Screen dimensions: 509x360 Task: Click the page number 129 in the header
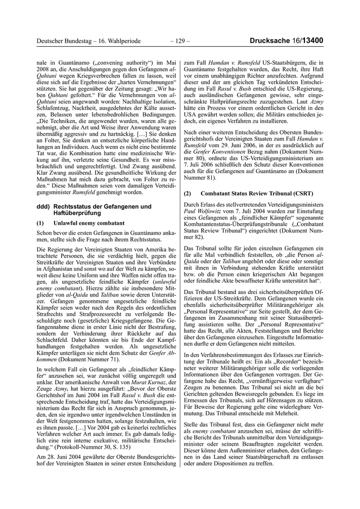(x=179, y=41)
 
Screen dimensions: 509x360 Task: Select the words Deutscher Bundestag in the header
(x=64, y=41)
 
